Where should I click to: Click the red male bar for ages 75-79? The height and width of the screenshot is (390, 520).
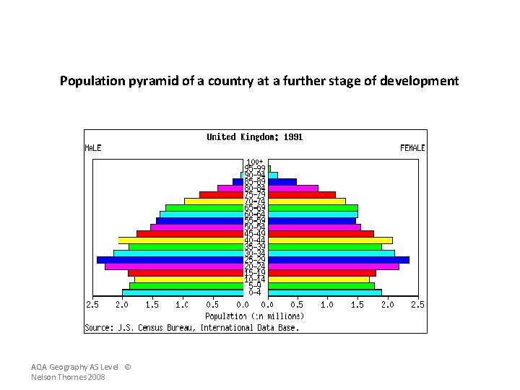click(x=221, y=194)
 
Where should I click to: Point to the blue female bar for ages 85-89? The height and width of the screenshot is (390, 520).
click(x=282, y=182)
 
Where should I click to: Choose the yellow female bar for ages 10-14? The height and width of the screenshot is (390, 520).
click(x=318, y=279)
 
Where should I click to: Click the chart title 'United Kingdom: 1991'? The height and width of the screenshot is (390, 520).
click(x=255, y=136)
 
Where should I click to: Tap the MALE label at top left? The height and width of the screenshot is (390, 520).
click(x=93, y=147)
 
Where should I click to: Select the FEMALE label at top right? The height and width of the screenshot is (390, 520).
click(x=412, y=147)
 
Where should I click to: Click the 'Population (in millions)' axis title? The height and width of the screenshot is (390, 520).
click(x=255, y=316)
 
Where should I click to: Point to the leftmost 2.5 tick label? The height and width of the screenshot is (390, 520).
click(x=92, y=305)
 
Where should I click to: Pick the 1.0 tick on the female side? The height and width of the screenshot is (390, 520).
click(x=327, y=305)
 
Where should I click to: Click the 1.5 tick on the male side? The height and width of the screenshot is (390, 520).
click(x=152, y=305)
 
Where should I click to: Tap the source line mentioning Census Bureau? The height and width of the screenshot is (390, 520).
click(x=191, y=327)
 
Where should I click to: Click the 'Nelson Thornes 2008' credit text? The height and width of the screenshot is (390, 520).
click(x=69, y=378)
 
